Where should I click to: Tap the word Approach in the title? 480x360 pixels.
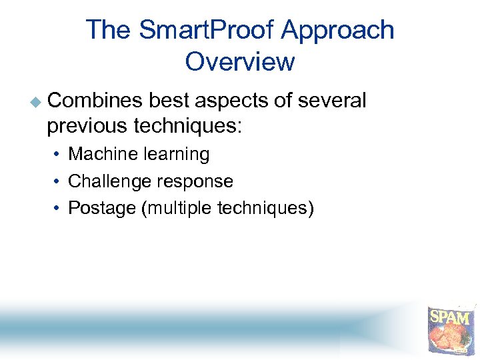[x=337, y=31]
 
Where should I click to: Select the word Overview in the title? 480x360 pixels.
[x=240, y=62]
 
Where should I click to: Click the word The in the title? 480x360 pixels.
[x=109, y=31]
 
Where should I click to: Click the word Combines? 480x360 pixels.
[x=95, y=101]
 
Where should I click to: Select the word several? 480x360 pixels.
[x=331, y=101]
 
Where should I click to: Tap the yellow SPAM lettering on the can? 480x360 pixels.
[x=450, y=316]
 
